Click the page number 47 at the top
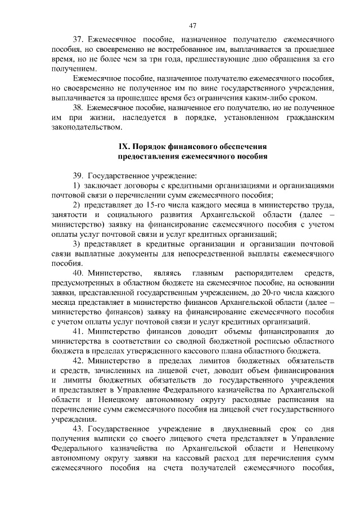point(192,25)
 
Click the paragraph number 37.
point(79,40)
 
